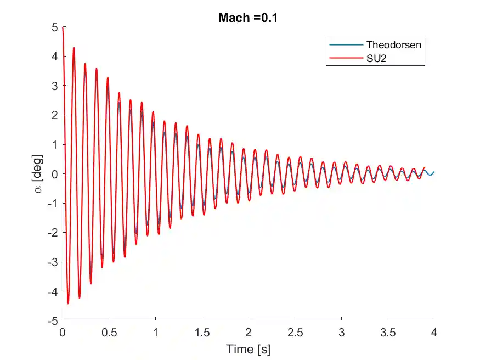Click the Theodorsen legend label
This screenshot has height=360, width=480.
[x=394, y=44]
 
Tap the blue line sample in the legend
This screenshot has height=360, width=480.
[x=346, y=44]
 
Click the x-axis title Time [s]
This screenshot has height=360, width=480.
[x=249, y=349]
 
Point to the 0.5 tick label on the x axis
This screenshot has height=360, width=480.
[x=109, y=332]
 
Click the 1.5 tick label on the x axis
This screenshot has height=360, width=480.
[x=202, y=332]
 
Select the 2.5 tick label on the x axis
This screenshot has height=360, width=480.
[x=295, y=332]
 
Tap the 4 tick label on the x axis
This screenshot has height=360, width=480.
[x=434, y=332]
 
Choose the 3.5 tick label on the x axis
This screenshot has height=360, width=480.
[x=388, y=332]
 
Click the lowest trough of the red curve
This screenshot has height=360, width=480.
[x=68, y=303]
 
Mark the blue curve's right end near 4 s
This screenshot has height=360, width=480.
[x=433, y=172]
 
